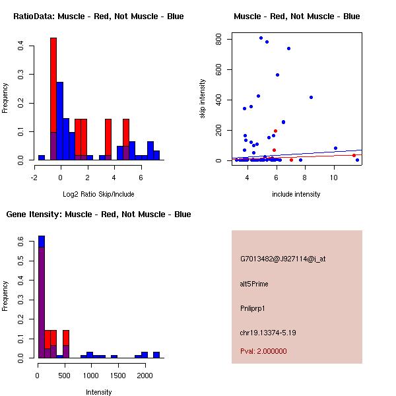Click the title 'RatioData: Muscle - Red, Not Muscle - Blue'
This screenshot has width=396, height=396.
[x=98, y=16]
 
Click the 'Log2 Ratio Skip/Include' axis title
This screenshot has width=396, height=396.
[x=98, y=194]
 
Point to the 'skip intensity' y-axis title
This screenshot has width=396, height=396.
[x=203, y=98]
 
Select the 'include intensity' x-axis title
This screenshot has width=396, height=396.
[x=296, y=194]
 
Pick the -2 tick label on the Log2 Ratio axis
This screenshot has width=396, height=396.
[x=34, y=178]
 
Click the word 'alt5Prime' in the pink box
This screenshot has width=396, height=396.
[x=254, y=284]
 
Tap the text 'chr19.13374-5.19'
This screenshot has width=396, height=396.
[x=268, y=333]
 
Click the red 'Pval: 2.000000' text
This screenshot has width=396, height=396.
[x=263, y=351]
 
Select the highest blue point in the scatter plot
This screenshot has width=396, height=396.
[x=261, y=38]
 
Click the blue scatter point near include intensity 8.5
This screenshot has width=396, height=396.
[x=311, y=97]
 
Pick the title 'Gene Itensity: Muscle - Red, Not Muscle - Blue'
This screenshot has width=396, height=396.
[x=98, y=214]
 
